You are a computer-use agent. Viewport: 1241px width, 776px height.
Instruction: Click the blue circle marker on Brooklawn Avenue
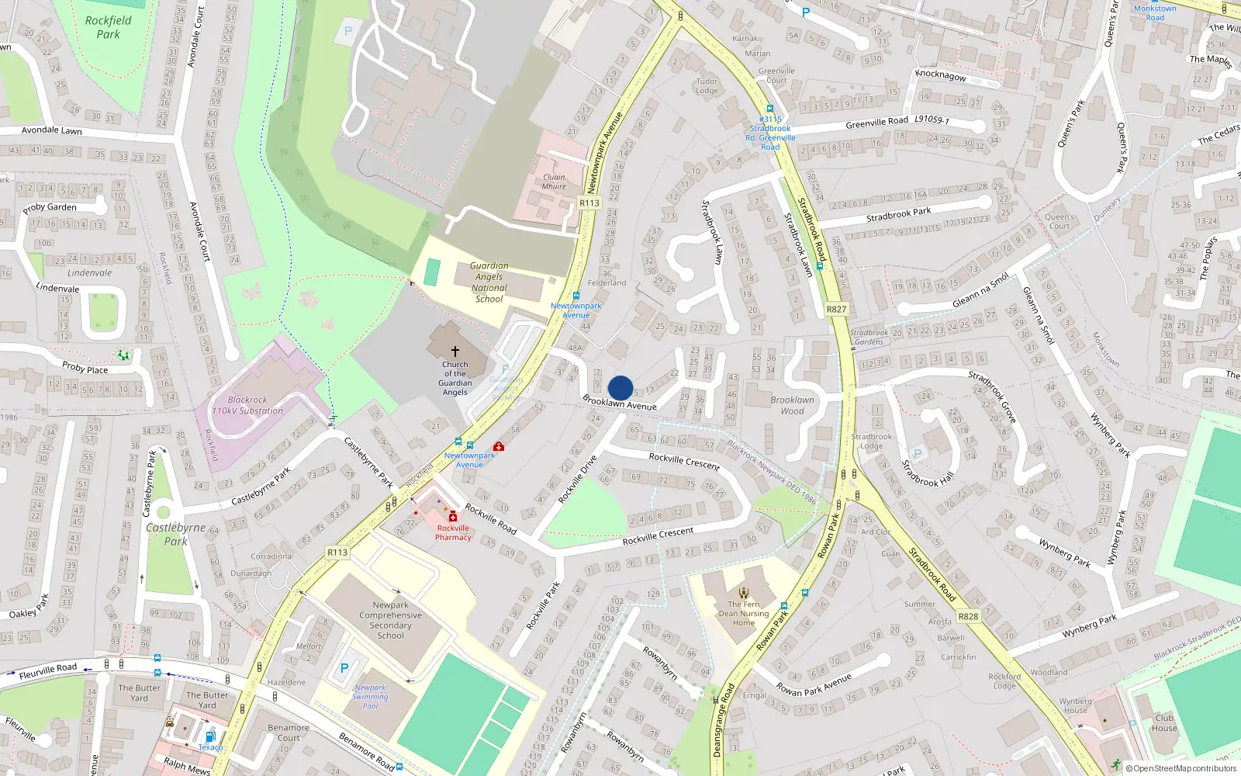(620, 388)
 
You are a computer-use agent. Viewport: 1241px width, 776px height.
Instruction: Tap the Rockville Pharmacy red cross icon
(453, 517)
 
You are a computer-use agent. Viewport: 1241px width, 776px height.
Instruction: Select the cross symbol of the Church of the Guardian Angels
(455, 352)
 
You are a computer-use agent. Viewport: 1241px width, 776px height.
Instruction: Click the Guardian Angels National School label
(489, 282)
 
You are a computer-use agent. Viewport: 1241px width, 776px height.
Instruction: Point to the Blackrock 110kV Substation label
(247, 405)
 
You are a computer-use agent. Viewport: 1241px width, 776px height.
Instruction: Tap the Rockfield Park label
(109, 27)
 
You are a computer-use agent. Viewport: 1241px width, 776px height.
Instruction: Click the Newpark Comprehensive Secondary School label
(390, 620)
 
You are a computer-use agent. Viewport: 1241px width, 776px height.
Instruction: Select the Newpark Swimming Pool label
(370, 696)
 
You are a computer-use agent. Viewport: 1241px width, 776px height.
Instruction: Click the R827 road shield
(836, 309)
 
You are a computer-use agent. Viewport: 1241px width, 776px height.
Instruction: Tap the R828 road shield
(968, 616)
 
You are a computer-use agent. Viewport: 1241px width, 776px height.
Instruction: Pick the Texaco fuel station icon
(209, 736)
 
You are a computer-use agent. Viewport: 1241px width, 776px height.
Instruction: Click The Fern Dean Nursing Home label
(744, 613)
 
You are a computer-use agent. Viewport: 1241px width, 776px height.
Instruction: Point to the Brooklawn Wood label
(792, 406)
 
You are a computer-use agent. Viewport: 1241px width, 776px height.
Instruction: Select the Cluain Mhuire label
(554, 182)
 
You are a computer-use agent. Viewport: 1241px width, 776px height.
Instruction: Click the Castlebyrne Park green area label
(176, 534)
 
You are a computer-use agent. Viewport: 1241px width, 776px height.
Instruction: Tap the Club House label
(1164, 722)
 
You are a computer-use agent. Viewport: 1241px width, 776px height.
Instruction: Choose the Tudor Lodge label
(707, 85)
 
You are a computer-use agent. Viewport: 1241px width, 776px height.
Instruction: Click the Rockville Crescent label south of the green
(658, 535)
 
